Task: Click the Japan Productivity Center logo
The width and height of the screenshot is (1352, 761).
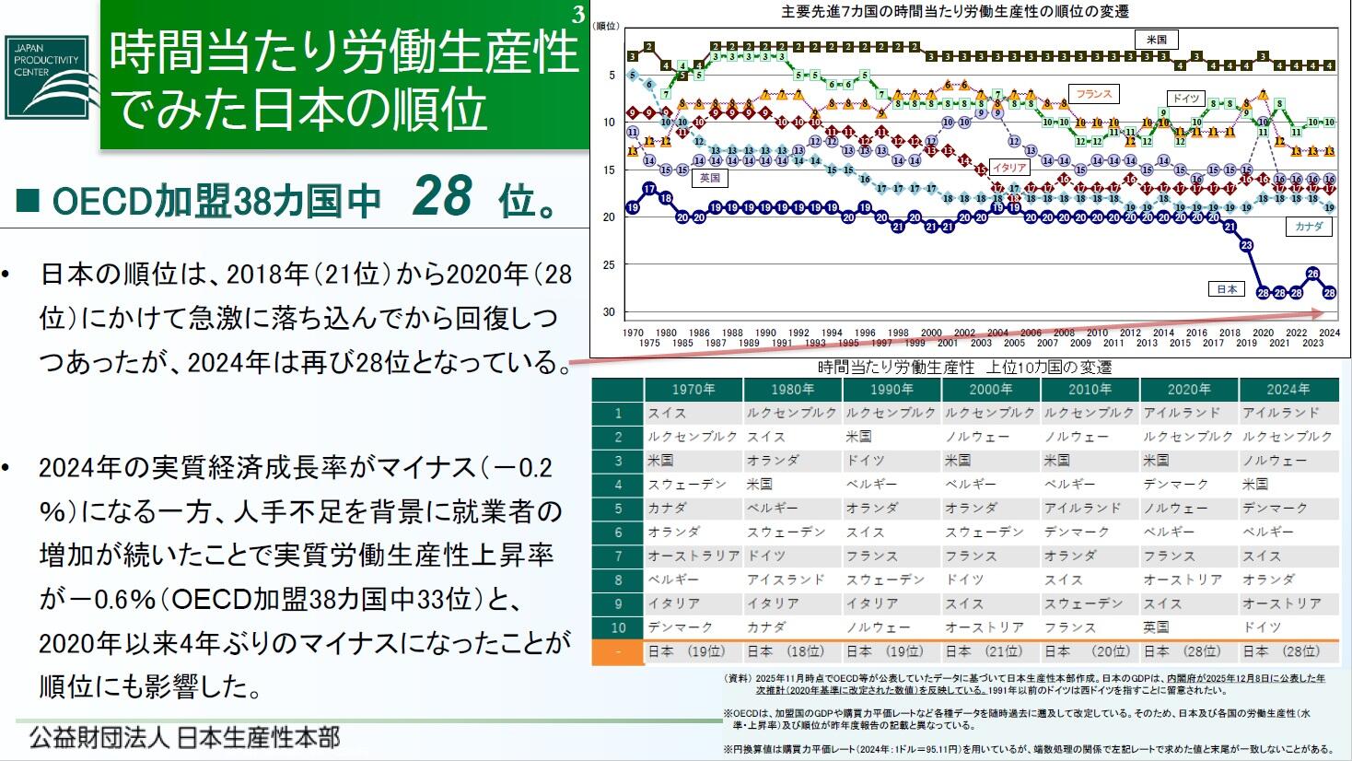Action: [x=48, y=77]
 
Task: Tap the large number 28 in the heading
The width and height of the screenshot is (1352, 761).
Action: [x=442, y=195]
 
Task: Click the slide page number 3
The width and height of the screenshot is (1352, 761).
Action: [x=577, y=14]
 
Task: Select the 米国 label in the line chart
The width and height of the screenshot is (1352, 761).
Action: [x=1156, y=40]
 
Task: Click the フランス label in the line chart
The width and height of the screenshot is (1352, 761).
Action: [x=1093, y=94]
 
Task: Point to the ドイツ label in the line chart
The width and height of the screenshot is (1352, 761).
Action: [x=1185, y=99]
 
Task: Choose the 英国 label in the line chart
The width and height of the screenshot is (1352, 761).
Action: [x=709, y=177]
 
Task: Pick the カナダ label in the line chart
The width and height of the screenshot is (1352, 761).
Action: [x=1308, y=226]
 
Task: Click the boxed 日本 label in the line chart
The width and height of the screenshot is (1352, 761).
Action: [x=1227, y=289]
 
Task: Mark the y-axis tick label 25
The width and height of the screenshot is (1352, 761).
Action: [x=608, y=264]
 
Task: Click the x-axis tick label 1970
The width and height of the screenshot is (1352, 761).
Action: [x=633, y=333]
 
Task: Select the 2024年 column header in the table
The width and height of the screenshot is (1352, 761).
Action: [x=1287, y=390]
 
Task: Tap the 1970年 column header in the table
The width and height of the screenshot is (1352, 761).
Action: [x=693, y=390]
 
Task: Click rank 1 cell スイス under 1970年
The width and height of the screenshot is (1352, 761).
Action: [x=667, y=414]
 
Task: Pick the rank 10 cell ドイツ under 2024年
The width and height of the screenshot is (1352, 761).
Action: [x=1262, y=627]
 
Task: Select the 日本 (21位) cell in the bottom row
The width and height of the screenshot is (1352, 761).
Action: [x=990, y=651]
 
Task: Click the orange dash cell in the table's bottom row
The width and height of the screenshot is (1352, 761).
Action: [x=618, y=651]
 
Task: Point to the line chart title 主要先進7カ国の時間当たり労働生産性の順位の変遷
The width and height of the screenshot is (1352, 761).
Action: [x=954, y=11]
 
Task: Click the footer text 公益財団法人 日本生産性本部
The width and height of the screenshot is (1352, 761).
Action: [x=184, y=737]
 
